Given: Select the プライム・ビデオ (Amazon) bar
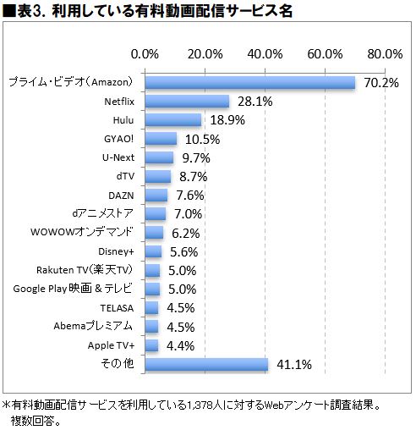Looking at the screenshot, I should tap(250, 82).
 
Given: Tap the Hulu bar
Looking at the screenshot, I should tap(174, 120).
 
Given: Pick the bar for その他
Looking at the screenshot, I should tap(207, 365).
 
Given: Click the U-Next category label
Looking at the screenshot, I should tap(118, 157).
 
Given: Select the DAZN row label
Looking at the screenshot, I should tap(122, 195).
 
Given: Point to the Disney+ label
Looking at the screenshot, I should tap(118, 251).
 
